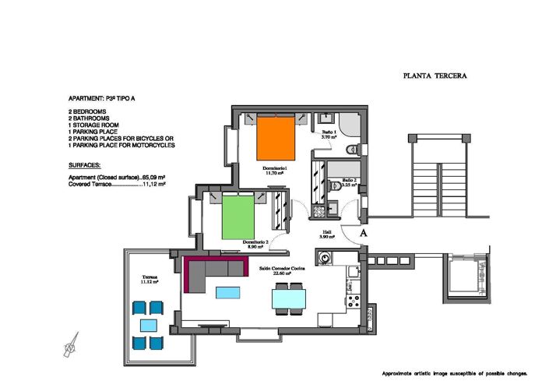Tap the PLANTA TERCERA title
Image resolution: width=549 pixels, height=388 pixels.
[435, 76]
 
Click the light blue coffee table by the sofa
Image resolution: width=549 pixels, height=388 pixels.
[227, 292]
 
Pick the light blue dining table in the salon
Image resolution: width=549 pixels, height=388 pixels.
[288, 298]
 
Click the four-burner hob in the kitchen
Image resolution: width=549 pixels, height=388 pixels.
[353, 300]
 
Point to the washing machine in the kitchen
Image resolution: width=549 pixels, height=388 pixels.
[324, 258]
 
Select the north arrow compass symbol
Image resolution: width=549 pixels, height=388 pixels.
[71, 344]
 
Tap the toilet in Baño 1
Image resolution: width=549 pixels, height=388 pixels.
[350, 148]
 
